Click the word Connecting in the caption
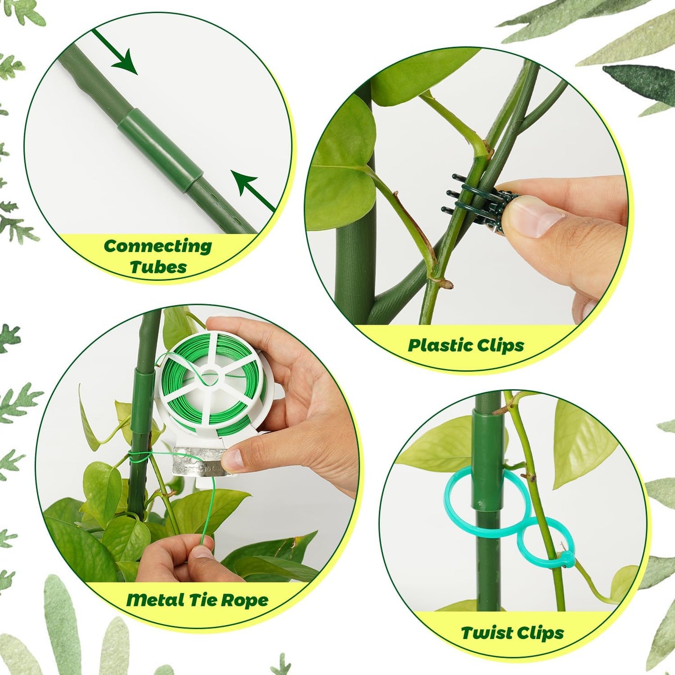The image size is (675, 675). pos(157,246)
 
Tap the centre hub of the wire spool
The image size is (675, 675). pos(211,376)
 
